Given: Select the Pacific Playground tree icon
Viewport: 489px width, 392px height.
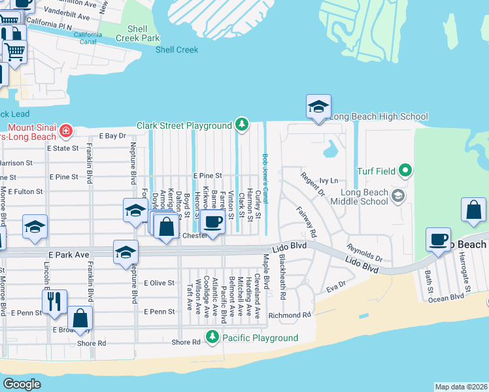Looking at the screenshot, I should pyautogui.click(x=212, y=337).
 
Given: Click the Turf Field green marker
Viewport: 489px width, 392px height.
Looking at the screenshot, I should pyautogui.click(x=405, y=171).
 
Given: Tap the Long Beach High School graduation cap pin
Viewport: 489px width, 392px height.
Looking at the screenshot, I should pyautogui.click(x=318, y=107).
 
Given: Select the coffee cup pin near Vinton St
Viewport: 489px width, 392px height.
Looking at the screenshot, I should pyautogui.click(x=212, y=221).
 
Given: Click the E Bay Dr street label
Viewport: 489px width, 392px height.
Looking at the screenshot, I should pyautogui.click(x=112, y=136).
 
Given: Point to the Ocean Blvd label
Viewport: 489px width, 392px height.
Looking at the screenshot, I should pyautogui.click(x=446, y=297).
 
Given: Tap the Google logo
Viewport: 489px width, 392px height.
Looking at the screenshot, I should pyautogui.click(x=22, y=384).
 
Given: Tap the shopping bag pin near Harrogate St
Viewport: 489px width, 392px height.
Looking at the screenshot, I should pyautogui.click(x=473, y=211).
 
